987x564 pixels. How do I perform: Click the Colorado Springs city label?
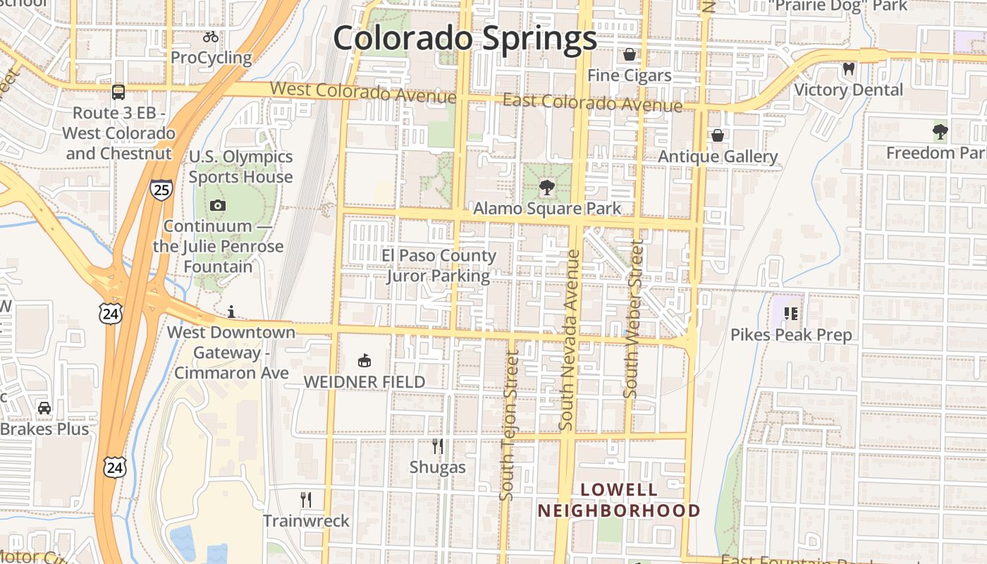(465, 39)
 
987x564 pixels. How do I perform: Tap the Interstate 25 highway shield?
(161, 189)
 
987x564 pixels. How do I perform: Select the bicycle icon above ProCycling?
(210, 37)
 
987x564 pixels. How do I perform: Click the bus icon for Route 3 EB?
(118, 92)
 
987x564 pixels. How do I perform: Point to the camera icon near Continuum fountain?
(218, 206)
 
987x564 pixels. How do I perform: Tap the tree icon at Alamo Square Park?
(546, 188)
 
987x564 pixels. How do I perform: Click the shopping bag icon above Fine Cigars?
(629, 54)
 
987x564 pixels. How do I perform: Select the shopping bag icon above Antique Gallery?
(717, 135)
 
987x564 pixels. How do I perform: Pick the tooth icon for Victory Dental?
(848, 69)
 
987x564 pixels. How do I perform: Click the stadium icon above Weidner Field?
(364, 361)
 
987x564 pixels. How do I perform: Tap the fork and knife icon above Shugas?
(438, 446)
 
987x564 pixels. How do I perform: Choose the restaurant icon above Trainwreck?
(306, 500)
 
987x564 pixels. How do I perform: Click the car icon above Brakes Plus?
(44, 408)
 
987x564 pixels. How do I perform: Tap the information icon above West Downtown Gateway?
(231, 312)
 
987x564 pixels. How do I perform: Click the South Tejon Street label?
(509, 427)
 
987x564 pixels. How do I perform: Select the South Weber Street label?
(633, 319)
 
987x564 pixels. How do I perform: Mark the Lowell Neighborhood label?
(619, 500)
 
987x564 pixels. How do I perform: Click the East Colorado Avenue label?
(592, 104)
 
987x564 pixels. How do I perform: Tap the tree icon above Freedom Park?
(940, 132)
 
